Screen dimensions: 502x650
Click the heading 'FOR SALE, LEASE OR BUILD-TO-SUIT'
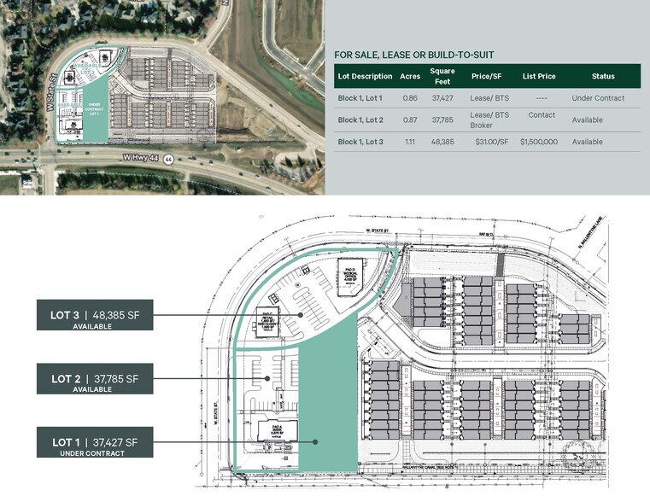coord(413,55)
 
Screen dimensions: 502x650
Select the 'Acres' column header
coord(410,76)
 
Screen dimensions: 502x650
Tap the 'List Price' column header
coord(539,76)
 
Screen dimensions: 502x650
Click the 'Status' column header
coord(603,76)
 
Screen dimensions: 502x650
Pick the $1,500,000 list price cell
coord(539,142)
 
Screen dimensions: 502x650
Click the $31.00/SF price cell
coord(491,142)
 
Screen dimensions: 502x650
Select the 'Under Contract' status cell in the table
coord(598,98)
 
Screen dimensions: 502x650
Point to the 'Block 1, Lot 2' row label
coord(360,120)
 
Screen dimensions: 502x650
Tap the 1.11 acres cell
coord(410,142)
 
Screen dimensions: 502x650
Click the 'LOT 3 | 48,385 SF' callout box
coord(95,319)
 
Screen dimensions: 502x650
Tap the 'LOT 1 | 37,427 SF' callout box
coord(95,445)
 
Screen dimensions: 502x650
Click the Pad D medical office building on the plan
coord(351,275)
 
